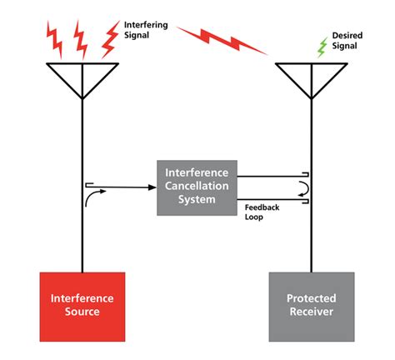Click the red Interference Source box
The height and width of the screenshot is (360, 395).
coord(82,304)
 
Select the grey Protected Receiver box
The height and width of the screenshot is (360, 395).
coord(310,304)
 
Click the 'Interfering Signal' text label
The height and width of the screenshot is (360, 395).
coord(146,30)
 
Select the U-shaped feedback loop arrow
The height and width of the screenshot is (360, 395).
coord(306,187)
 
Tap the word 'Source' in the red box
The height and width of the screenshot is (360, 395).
coord(82,312)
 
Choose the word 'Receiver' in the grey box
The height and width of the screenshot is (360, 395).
coord(310,312)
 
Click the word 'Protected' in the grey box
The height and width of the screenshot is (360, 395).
coord(310,298)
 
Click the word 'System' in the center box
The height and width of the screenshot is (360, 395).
coord(196,200)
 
